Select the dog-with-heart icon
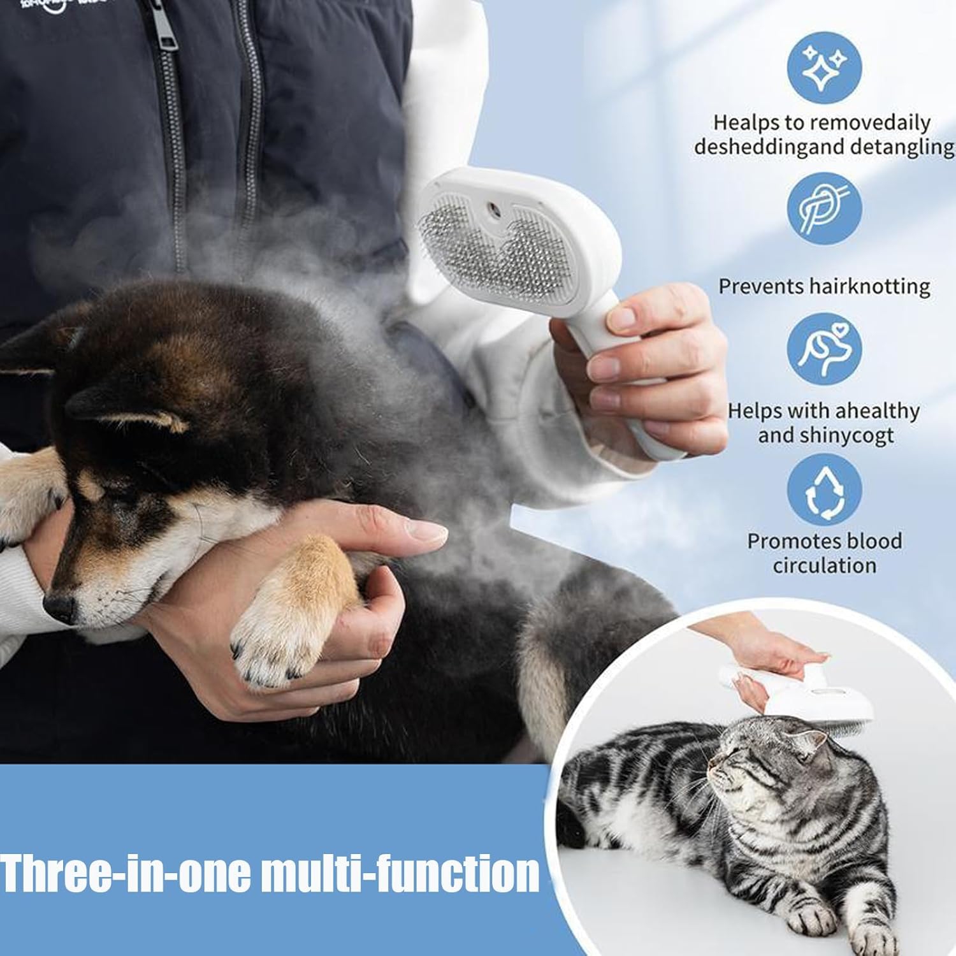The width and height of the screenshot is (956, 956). coord(824,349)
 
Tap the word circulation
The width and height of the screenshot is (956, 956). coord(824,565)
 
